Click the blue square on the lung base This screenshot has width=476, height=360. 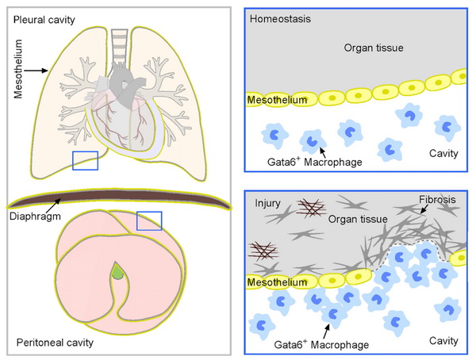point(85,160)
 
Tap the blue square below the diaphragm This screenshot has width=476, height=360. point(149,220)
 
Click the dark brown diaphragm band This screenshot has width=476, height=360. point(119,200)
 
